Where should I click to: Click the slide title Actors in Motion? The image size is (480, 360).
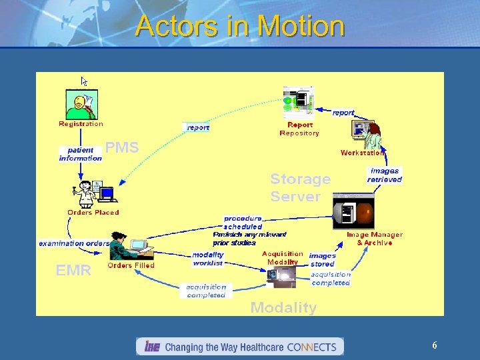pos(240,27)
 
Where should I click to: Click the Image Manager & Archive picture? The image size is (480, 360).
pos(353,211)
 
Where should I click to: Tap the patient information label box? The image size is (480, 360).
pos(81,154)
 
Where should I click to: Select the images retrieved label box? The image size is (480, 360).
pos(385,175)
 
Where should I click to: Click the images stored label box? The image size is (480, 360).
pos(323,260)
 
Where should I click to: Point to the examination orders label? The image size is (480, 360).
pos(74,243)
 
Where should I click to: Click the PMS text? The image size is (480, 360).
pos(122,148)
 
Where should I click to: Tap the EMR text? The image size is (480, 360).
pos(73,271)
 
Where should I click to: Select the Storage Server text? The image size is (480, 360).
pos(300,187)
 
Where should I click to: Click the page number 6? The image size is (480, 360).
pos(435,345)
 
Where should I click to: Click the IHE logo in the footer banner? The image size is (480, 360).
pos(152,347)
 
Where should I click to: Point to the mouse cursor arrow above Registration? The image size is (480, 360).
pos(85,81)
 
